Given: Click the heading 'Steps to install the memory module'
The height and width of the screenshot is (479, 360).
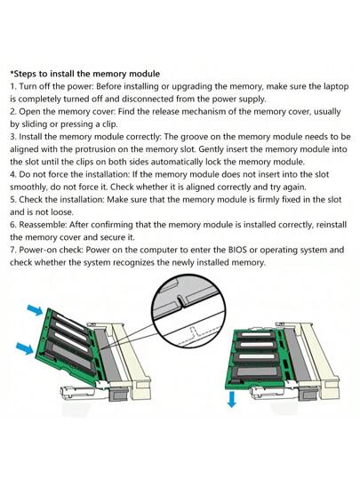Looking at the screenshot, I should tap(84, 73).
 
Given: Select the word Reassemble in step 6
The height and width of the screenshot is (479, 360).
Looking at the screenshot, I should tap(46, 226).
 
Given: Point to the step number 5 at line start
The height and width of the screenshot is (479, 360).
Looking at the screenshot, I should tap(12, 200).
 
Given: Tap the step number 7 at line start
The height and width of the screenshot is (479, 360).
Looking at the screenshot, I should tap(12, 251).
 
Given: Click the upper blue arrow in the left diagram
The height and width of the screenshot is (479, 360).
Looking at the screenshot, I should tap(32, 307).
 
